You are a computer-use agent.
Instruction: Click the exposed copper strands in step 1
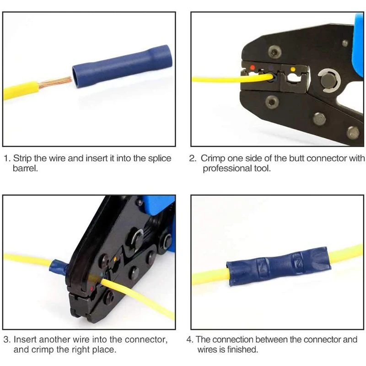point(55,83)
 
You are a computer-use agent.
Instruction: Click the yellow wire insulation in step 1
point(21,91)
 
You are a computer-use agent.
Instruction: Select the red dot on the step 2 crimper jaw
point(253,68)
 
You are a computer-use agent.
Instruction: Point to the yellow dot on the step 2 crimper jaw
point(293,70)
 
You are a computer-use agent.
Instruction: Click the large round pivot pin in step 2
point(328,81)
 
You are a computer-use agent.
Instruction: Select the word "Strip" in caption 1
point(22,158)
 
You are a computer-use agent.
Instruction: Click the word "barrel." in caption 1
point(25,168)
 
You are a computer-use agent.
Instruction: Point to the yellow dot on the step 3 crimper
point(115,259)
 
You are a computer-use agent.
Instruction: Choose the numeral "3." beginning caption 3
point(7,339)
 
